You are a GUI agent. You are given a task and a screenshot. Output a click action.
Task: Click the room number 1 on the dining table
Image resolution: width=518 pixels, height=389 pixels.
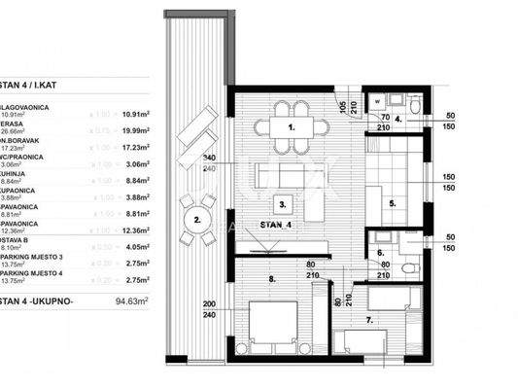pyautogui.click(x=291, y=128)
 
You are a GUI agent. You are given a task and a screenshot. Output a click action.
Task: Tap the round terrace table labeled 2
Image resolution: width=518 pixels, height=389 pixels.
pyautogui.click(x=197, y=221)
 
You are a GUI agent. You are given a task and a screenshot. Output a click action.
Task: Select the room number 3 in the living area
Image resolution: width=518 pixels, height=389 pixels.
pyautogui.click(x=282, y=205)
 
